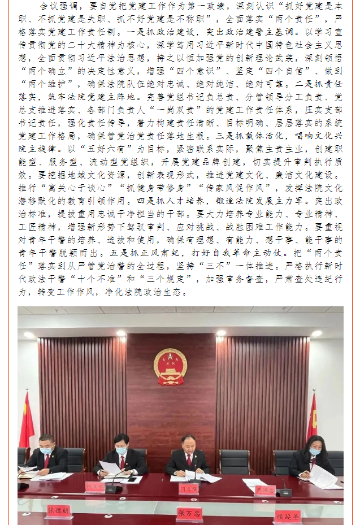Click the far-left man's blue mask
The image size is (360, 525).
point(47,450)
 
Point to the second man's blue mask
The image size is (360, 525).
point(121,450)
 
